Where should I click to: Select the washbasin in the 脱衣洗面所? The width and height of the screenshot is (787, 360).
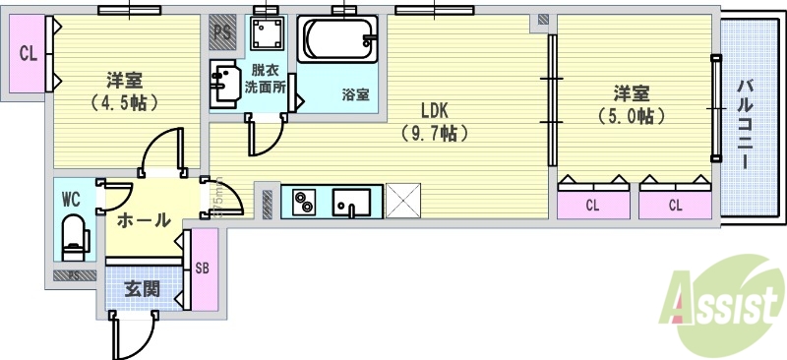tap(224, 82)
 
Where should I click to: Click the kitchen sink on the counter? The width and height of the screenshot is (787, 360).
tap(350, 204)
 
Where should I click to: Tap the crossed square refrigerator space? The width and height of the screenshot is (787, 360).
tap(403, 202)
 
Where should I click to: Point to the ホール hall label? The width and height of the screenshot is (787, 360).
tap(143, 220)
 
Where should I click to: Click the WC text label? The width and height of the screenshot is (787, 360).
tap(71, 199)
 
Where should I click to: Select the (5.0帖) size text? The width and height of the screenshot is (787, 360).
tap(631, 115)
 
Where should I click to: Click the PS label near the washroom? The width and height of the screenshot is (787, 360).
tap(222, 33)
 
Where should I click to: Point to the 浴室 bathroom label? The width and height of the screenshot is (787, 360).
tap(355, 94)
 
